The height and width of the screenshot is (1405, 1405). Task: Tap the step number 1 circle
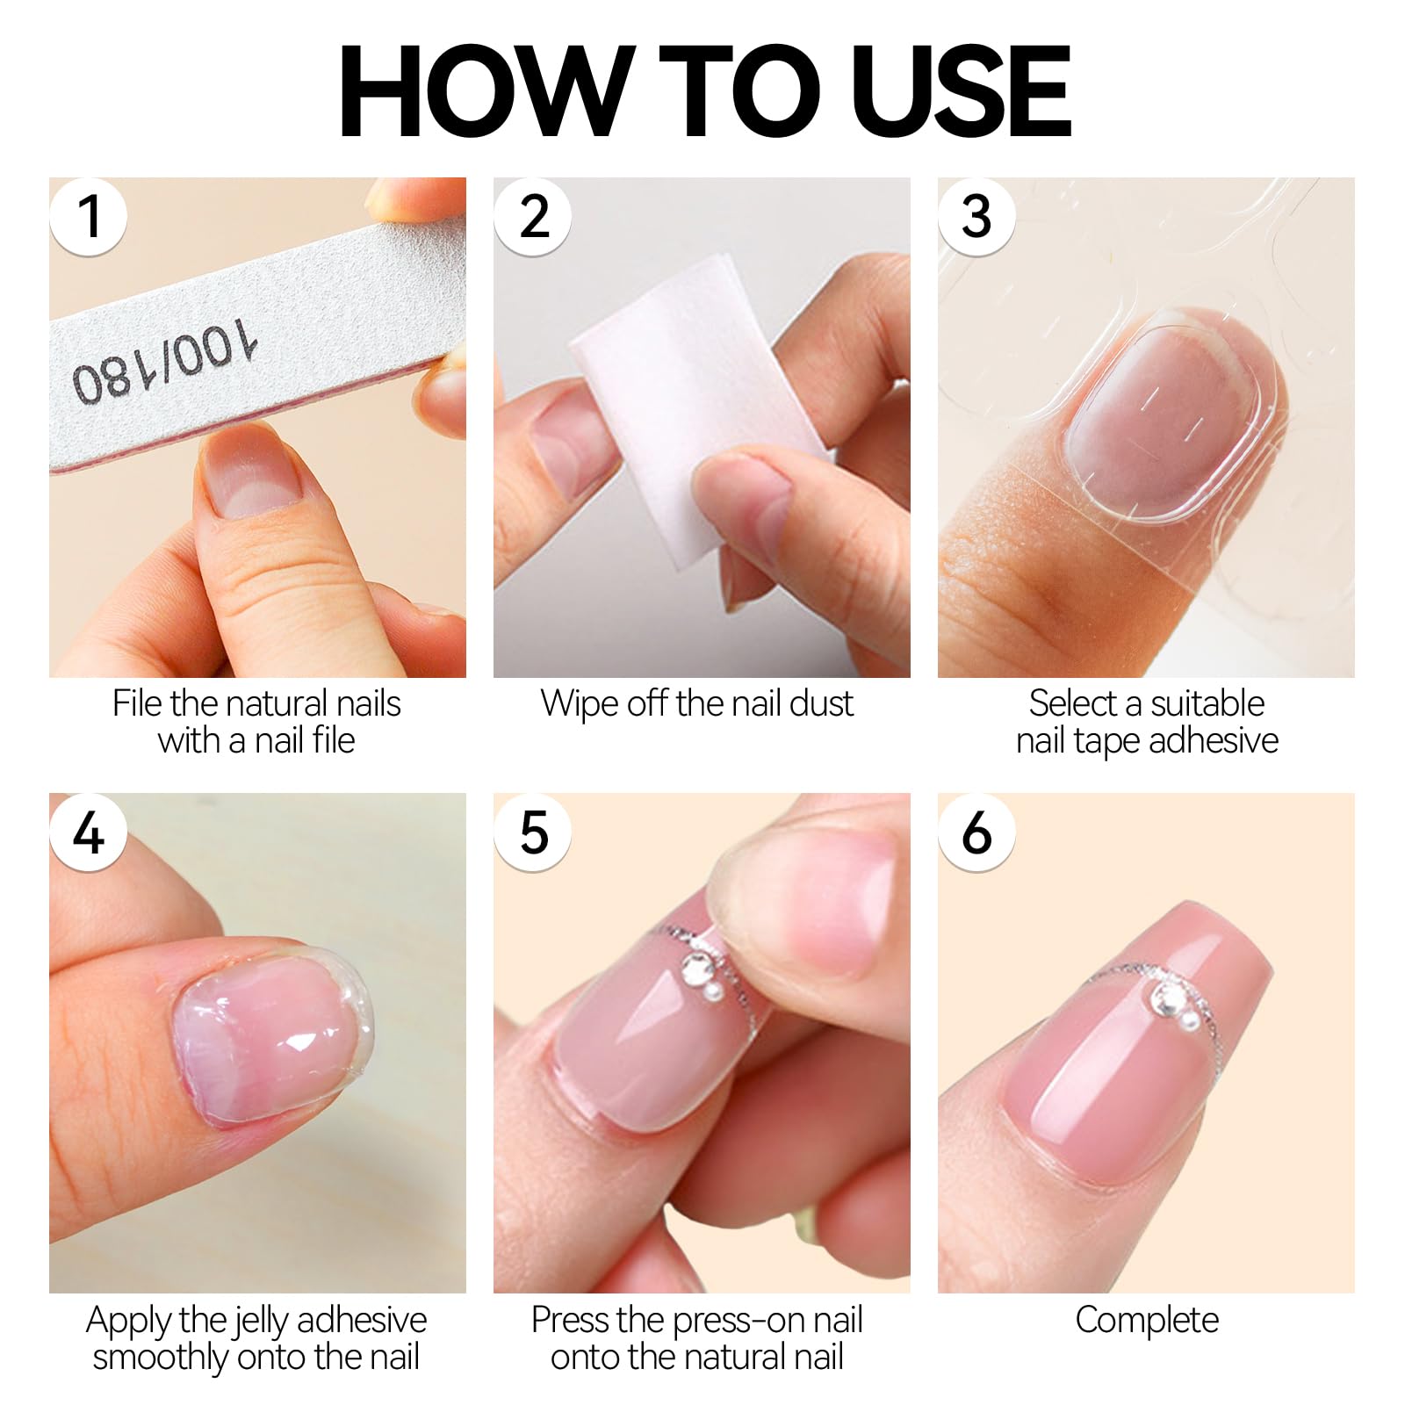(89, 216)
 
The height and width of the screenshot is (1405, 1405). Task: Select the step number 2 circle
(533, 216)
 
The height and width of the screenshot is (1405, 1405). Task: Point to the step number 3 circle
(977, 216)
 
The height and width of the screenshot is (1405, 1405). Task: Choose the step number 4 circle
(89, 832)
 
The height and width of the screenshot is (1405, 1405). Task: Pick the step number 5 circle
(533, 832)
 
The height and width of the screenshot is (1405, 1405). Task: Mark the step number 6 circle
(977, 832)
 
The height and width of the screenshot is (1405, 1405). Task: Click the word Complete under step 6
(1147, 1320)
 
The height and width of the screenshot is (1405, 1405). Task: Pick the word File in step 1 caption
(138, 703)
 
